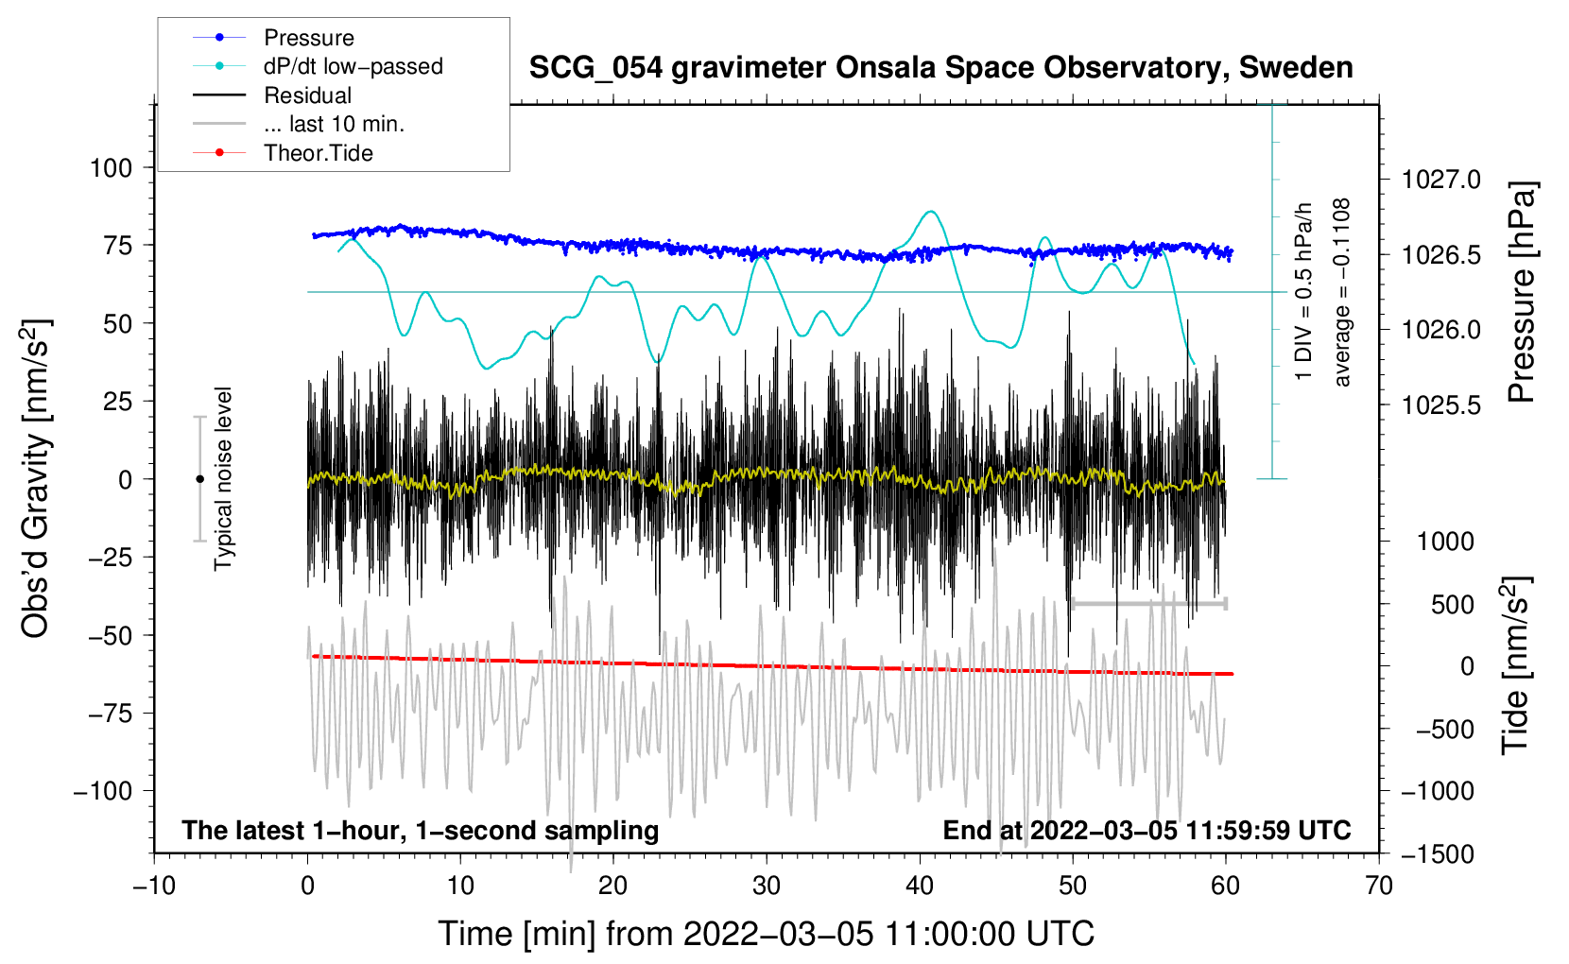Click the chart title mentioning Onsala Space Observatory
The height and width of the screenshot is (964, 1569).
point(940,68)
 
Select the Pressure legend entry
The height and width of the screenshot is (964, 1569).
point(308,38)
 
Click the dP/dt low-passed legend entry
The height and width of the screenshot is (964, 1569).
point(353,66)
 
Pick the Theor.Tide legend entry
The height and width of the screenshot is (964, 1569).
point(318,153)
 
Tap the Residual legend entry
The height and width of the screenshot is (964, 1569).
point(307,95)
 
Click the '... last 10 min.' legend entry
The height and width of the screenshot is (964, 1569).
point(334,124)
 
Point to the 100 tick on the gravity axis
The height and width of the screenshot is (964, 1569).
point(111,168)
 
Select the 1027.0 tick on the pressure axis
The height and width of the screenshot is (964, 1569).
point(1441,180)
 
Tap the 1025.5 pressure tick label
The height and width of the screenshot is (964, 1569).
point(1441,405)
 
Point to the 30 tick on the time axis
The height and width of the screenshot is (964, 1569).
point(767,887)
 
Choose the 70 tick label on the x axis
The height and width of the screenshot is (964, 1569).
point(1379,887)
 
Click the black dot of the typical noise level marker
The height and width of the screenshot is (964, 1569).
point(199,479)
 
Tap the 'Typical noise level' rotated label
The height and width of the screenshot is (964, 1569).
point(223,478)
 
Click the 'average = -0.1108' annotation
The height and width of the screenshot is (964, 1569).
point(1342,292)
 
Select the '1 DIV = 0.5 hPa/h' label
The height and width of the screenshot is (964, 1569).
point(1304,291)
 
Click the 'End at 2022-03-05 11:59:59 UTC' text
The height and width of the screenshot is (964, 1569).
point(1147,831)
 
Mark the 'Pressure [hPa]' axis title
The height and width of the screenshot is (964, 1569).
point(1521,292)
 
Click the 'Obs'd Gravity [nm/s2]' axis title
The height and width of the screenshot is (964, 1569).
point(36,478)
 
